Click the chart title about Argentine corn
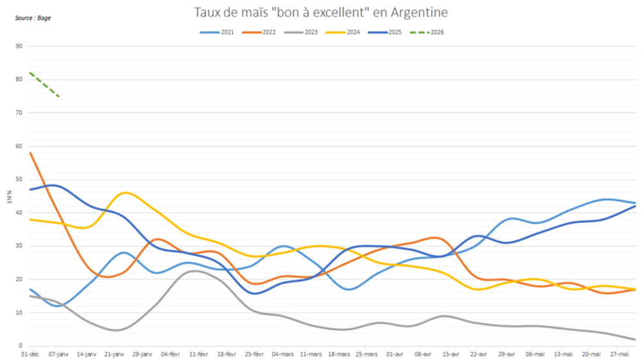coord(320,12)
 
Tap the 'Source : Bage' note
coord(33,18)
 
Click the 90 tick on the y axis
coord(19,46)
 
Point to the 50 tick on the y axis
coord(19,179)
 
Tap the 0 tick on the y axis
coord(21,346)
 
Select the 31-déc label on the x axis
coord(30,354)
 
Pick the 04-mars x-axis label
coord(283,354)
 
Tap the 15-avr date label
coord(452,354)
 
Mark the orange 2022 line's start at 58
coord(31,153)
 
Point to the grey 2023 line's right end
coord(634,340)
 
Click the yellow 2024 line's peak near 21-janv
coord(126,193)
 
